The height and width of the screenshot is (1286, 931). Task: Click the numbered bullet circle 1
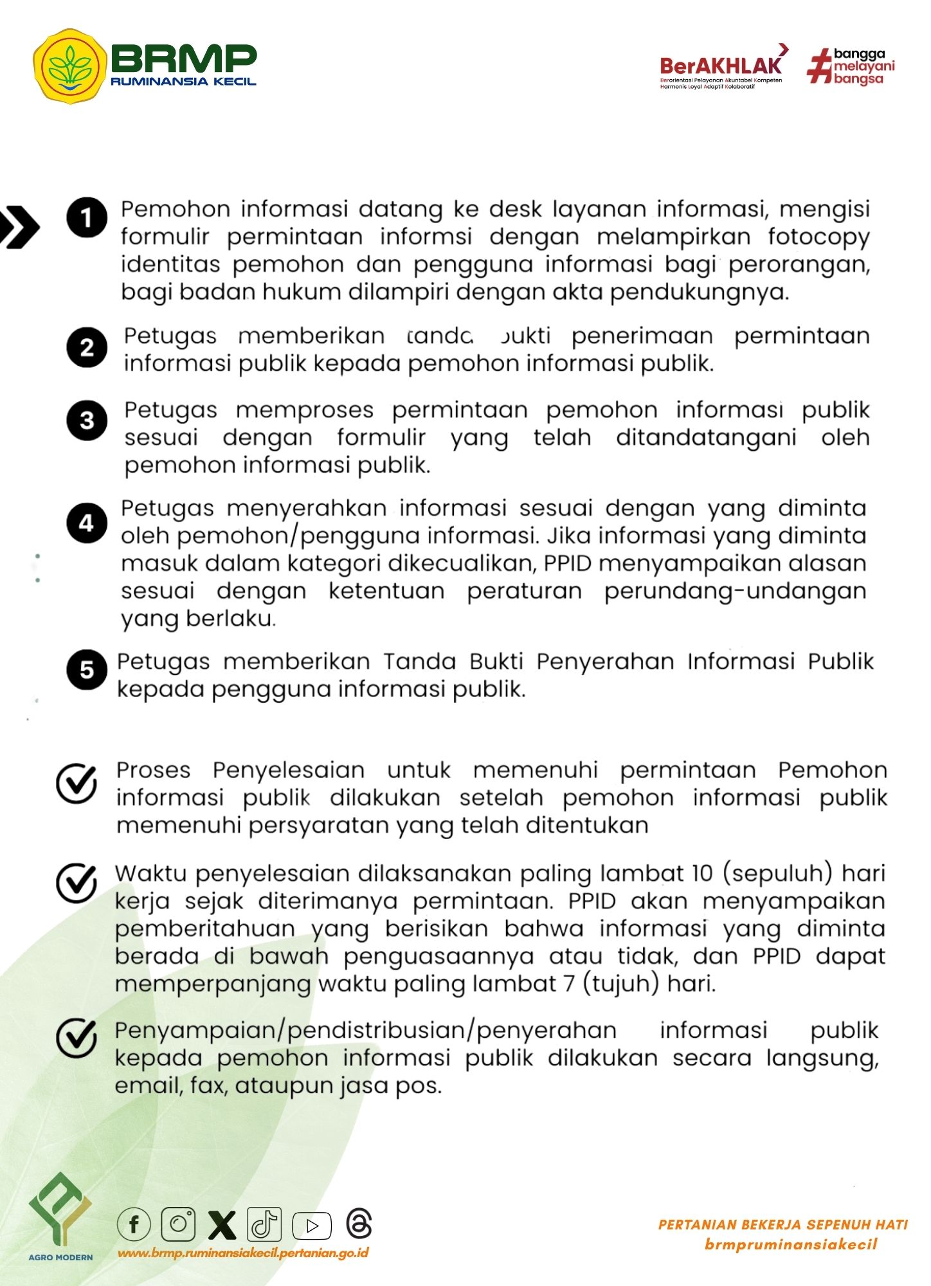tap(86, 218)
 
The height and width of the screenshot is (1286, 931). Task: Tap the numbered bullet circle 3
tap(86, 421)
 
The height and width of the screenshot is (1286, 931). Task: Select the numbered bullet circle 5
tap(86, 669)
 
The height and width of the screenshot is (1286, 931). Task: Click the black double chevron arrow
tap(19, 227)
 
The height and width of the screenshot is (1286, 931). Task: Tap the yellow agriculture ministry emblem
tap(70, 66)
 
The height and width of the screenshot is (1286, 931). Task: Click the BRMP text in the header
tap(184, 59)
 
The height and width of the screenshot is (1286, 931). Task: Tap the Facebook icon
tap(134, 1224)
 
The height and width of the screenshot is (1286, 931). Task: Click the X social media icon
tap(222, 1224)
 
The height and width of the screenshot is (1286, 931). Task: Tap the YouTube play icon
tap(312, 1226)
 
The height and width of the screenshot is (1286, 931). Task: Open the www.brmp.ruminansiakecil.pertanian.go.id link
tap(243, 1253)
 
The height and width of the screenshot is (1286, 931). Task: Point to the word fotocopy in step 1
tap(818, 237)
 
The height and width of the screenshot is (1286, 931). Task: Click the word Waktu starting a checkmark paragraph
tap(151, 874)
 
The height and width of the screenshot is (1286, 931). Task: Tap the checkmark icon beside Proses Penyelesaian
tap(77, 783)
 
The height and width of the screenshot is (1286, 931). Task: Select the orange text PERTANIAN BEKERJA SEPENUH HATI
tap(782, 1224)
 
